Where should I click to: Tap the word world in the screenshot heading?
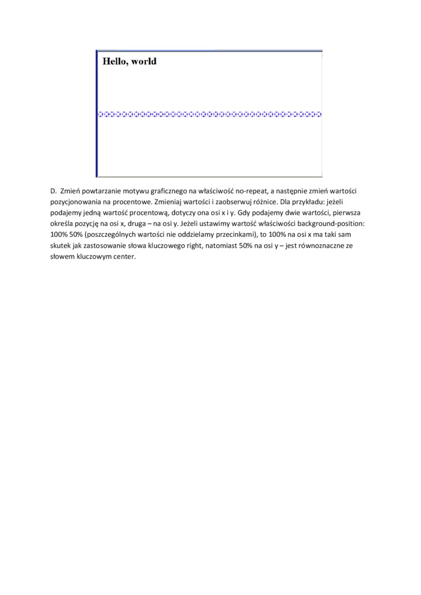tap(143, 61)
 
